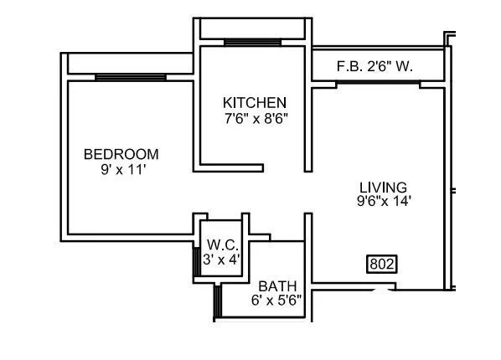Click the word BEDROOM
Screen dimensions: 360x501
(121, 154)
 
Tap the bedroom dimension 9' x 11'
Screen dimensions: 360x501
(121, 168)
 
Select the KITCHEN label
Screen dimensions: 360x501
(255, 102)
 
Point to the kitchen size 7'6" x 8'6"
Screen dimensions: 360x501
(255, 118)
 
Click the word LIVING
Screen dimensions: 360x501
(383, 187)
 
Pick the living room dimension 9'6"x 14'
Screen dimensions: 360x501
(383, 201)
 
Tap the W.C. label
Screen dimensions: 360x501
(223, 245)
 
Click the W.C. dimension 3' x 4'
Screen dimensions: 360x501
(223, 260)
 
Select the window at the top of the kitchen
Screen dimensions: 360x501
(252, 42)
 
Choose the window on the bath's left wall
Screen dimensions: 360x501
(216, 301)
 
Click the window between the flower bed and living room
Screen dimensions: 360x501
(378, 83)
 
